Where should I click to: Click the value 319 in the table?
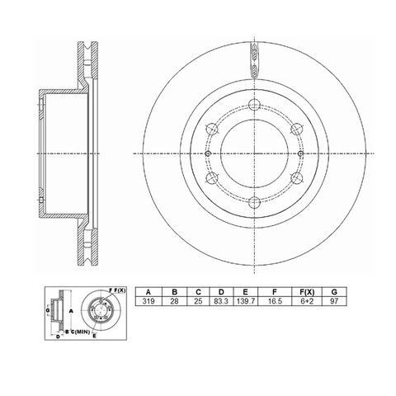point(148,301)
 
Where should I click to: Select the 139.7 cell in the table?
point(246,301)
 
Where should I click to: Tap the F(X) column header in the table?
point(307,292)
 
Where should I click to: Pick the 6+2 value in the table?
point(307,301)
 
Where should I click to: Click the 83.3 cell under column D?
point(221,301)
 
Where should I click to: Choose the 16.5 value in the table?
point(275,301)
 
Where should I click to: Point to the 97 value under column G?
point(334,301)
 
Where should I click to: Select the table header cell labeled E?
point(246,292)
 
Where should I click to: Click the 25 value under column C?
point(198,301)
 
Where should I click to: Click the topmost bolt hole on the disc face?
point(254,104)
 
